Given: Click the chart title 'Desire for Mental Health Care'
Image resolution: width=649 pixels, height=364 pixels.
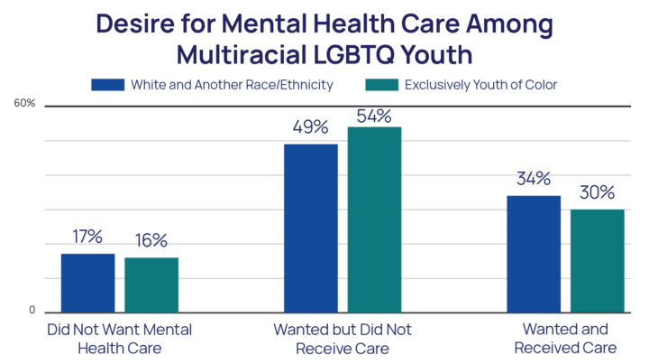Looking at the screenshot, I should (324, 38).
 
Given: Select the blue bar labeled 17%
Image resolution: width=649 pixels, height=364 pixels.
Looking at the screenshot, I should (87, 282).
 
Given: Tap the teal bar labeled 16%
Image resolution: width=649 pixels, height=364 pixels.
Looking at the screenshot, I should (151, 284).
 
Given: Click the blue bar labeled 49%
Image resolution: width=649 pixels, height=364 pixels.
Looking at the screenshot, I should (311, 228).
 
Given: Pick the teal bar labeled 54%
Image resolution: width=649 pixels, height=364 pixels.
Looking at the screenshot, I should (374, 219).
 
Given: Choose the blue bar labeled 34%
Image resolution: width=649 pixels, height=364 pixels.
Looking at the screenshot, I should (534, 253).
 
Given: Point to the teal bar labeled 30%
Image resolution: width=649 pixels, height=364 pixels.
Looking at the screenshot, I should (597, 260).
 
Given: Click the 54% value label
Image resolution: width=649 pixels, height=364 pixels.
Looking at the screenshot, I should (374, 116).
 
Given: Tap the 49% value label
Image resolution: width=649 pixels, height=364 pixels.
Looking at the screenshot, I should (310, 127).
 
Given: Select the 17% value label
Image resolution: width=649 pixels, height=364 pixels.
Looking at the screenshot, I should (87, 237).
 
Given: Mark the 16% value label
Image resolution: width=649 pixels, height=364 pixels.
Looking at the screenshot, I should (151, 240).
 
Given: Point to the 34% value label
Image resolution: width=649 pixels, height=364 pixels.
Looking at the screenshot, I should (534, 179).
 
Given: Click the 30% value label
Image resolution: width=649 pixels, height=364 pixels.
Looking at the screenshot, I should (597, 192).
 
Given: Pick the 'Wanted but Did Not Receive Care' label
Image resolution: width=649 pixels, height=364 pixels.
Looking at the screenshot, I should (342, 339).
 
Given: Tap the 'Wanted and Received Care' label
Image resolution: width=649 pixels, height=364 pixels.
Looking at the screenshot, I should (563, 339).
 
